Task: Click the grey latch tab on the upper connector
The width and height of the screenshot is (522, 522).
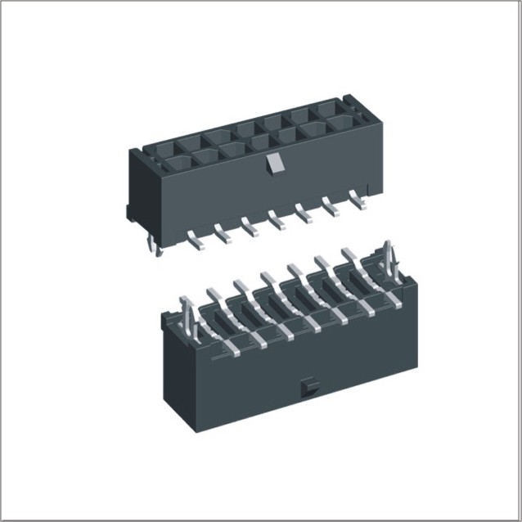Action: coord(275,164)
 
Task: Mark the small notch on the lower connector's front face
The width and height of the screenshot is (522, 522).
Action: coord(308,384)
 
